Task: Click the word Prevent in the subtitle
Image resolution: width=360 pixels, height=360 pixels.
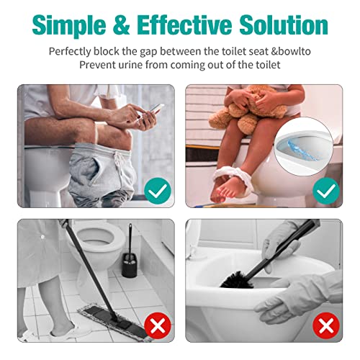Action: tap(98, 65)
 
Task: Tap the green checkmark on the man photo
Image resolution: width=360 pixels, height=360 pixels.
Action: tap(157, 191)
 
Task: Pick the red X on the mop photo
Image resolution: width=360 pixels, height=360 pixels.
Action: tap(157, 325)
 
